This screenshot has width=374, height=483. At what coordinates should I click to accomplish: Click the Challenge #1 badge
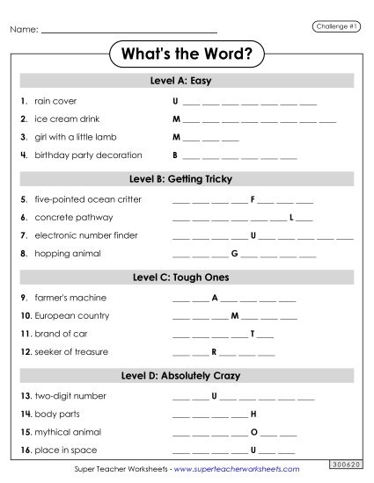[335, 26]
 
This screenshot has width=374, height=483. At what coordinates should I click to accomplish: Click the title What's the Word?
[187, 54]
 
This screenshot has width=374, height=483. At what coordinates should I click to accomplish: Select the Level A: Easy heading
[187, 81]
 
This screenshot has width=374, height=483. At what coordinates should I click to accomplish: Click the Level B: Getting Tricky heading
[187, 179]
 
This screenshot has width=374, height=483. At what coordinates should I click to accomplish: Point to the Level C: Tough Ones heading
[187, 278]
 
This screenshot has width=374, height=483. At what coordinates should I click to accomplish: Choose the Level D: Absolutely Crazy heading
[187, 376]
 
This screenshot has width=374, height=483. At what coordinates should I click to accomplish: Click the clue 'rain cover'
[55, 101]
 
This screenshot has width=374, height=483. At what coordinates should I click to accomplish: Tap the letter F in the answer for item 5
[253, 199]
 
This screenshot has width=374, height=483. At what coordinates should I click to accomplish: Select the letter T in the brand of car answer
[253, 334]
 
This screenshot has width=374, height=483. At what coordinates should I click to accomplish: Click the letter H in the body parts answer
[253, 414]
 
